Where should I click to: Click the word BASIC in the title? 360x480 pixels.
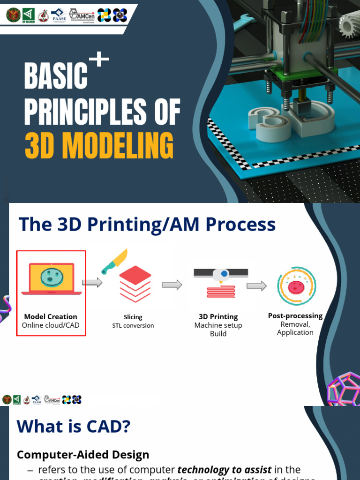[56, 77]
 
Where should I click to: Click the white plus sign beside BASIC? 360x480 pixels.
[99, 61]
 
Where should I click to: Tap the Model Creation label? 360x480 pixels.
[51, 316]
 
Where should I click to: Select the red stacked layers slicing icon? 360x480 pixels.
[135, 284]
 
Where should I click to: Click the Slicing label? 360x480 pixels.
[133, 317]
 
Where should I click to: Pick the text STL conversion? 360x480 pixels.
[133, 325]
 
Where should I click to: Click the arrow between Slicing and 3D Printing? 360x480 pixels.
[172, 285]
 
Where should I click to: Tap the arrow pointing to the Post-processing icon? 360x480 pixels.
[256, 286]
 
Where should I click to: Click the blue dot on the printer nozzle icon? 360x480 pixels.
[225, 273]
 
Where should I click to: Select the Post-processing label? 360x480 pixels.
[295, 316]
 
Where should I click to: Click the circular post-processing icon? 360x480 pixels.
[296, 285]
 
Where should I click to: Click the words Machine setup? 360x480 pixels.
[218, 325]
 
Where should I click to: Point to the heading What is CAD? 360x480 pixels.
[74, 427]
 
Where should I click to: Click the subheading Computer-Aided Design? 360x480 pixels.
[83, 454]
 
